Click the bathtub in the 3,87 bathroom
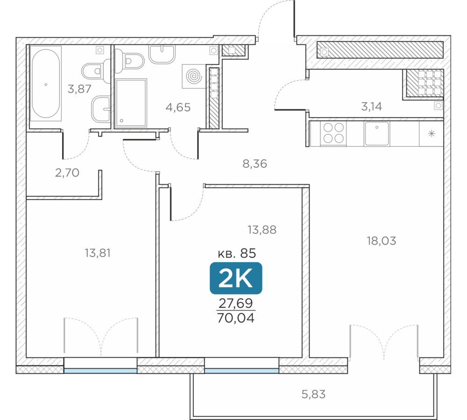[x=46, y=84]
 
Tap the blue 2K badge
[x=236, y=278]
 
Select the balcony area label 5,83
[x=313, y=394]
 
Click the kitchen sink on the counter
[x=377, y=133]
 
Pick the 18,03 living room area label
[x=382, y=241]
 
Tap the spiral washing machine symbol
[x=194, y=76]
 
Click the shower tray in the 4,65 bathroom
[x=131, y=103]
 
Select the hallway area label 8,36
[x=255, y=164]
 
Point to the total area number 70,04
[x=236, y=318]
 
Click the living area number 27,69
[x=236, y=303]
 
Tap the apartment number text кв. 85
[x=237, y=253]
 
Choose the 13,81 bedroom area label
[x=98, y=253]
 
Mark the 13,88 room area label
[x=262, y=230]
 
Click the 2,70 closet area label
[x=67, y=173]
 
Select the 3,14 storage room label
[x=371, y=106]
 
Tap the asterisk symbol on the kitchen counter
[x=432, y=133]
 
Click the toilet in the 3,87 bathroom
[x=95, y=71]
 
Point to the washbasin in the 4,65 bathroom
[x=162, y=54]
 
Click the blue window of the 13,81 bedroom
[x=100, y=371]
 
